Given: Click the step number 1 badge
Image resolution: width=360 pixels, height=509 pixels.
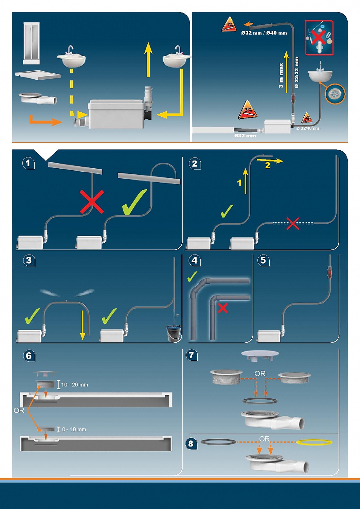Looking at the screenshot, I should point(28,163).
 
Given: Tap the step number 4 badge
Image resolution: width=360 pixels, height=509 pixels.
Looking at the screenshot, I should point(195,260).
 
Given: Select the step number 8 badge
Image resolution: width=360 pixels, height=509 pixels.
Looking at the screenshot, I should point(191,443).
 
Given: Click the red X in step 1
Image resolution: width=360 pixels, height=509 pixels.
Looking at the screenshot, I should point(92,202).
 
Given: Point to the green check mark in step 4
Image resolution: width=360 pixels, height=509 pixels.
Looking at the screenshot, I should point(192,277).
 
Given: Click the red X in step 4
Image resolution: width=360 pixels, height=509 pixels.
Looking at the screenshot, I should point(223,308).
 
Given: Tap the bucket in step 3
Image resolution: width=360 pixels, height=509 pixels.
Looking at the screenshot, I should point(173,333).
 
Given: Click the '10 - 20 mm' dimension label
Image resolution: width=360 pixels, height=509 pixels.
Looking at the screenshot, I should point(74,385).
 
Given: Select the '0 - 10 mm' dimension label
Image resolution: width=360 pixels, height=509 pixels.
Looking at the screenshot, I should point(74,430).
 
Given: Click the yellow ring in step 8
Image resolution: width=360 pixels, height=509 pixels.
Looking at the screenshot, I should point(314,442).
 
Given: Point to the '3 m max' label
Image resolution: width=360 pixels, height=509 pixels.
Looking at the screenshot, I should point(281,75).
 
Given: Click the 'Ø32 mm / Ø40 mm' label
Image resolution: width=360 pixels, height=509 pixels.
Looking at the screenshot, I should point(264,33).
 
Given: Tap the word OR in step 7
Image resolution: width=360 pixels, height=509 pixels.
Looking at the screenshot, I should point(260,374).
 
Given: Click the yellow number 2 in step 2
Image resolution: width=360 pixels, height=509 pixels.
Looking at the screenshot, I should point(268,165).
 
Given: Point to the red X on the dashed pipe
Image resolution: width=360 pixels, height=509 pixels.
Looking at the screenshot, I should point(292,223).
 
